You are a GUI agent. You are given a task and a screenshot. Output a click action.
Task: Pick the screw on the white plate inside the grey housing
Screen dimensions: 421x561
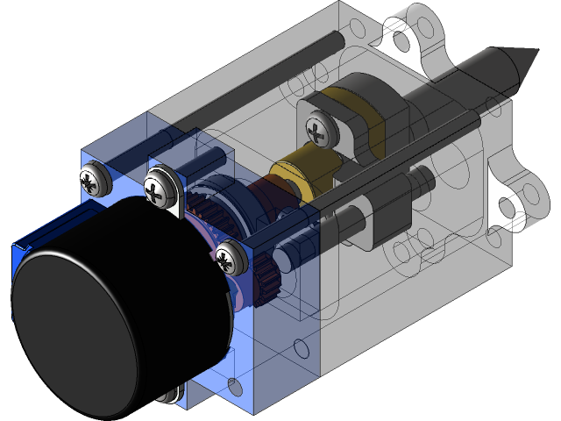[x=316, y=131]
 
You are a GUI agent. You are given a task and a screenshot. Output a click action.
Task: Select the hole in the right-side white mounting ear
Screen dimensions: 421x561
[x=507, y=208]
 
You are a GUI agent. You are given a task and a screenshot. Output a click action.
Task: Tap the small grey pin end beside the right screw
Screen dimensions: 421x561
[x=283, y=257]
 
